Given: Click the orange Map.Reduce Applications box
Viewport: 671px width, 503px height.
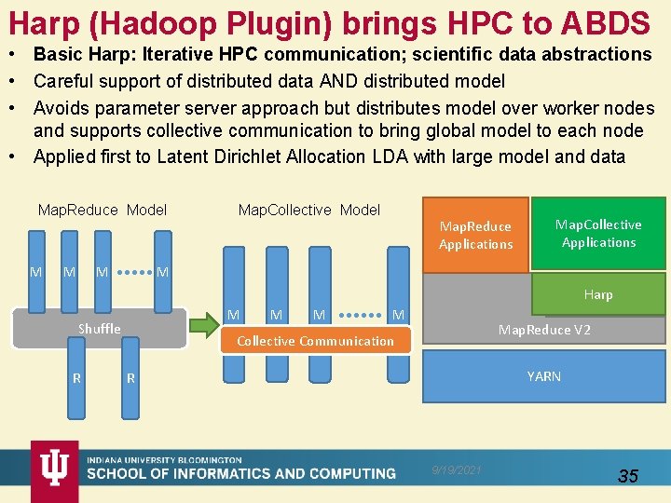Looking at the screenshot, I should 475,235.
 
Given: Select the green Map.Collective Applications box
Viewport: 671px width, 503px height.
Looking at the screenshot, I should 598,233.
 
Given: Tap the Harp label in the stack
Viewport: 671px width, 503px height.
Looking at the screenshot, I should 597,294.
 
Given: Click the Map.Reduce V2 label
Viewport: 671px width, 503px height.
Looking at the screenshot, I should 544,330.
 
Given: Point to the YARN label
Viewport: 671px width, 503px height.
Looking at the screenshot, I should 543,376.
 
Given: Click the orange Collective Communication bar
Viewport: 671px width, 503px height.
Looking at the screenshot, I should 315,341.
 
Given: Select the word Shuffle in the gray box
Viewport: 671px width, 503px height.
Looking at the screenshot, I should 99,328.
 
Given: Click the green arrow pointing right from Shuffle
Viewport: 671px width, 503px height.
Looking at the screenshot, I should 204,325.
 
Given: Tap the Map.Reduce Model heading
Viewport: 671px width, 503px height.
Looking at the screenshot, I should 103,210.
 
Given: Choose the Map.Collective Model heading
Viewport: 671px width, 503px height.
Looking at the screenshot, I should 309,210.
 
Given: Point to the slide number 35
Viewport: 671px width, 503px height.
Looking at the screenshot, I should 628,476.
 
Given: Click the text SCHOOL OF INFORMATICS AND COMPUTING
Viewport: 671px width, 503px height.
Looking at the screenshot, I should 241,474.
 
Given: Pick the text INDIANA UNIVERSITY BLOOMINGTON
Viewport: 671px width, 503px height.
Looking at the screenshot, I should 164,460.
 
